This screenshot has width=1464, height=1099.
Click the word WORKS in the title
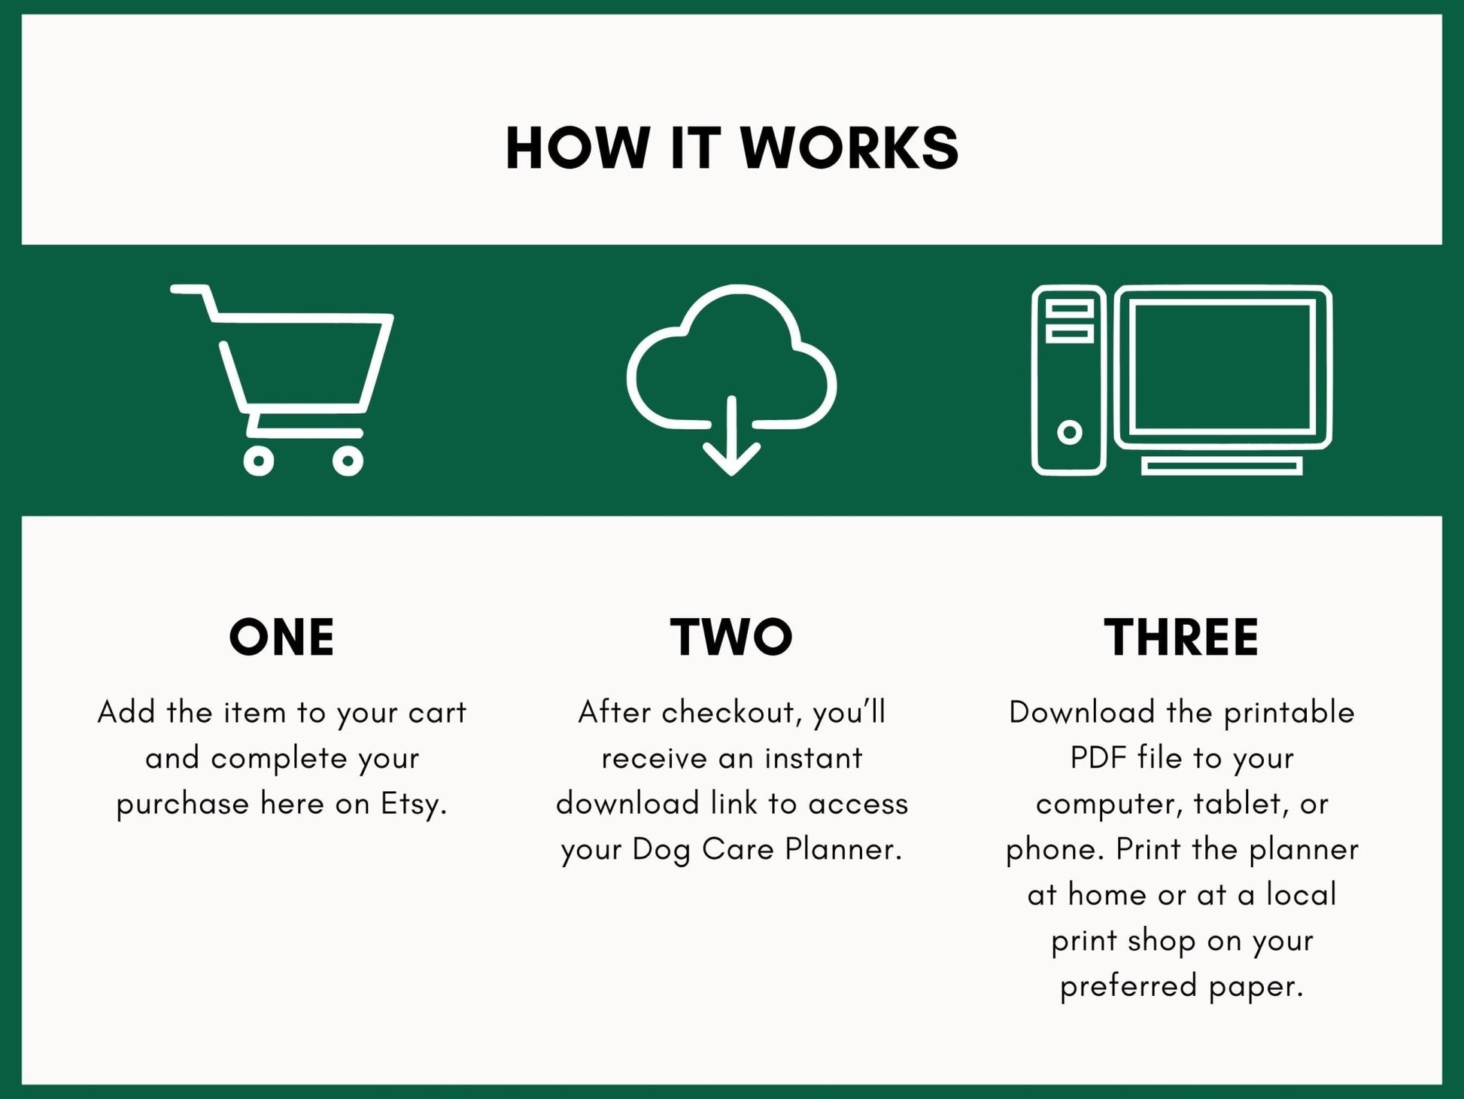(849, 148)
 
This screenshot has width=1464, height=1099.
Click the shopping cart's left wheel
(259, 461)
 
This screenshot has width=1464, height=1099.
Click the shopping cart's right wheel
(348, 461)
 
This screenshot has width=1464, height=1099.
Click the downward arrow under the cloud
(731, 444)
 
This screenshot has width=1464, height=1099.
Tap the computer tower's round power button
(1069, 432)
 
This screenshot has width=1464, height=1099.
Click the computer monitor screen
(1223, 366)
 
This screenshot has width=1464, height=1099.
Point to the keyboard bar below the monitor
(1222, 467)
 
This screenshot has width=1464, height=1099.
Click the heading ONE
(281, 638)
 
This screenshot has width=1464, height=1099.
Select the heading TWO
(731, 638)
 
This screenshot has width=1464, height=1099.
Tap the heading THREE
(1181, 638)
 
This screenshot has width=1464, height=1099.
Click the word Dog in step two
(661, 851)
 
